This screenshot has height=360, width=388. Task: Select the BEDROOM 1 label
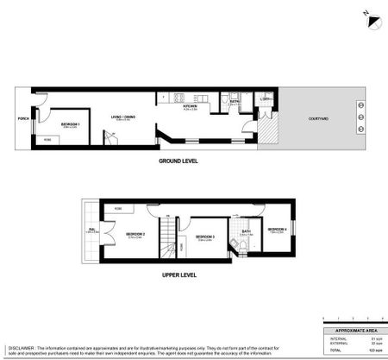coord(70,124)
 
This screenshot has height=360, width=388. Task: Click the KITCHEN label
coord(191,106)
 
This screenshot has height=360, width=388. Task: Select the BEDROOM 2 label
coord(135,234)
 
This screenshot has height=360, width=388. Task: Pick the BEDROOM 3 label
coord(203,237)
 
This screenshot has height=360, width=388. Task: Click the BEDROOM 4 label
coord(278,229)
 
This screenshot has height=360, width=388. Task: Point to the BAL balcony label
coord(91,230)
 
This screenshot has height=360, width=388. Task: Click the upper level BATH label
coord(247,231)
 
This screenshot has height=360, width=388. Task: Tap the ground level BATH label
coord(234,102)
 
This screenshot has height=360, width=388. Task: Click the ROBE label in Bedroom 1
coord(47,139)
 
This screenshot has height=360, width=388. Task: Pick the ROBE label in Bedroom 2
coord(117,208)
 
